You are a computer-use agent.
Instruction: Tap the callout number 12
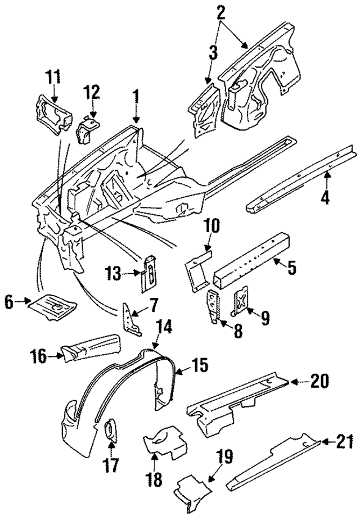tap(92, 91)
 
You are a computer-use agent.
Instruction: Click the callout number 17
tap(111, 466)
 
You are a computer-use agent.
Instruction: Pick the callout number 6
tap(10, 302)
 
